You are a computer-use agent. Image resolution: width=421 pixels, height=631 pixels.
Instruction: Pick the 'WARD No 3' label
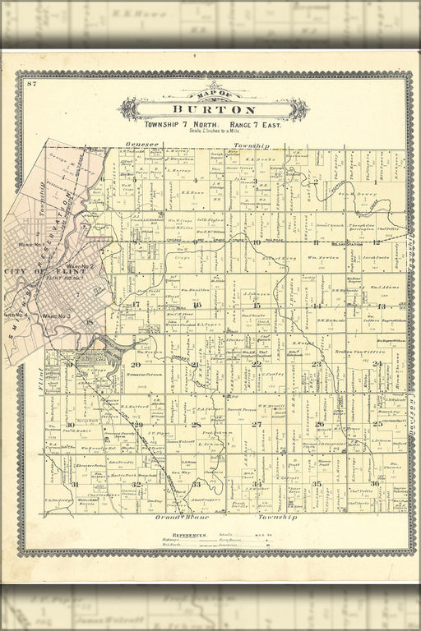pos(56,315)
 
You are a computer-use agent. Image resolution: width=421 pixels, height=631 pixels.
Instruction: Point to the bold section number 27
pos(257,424)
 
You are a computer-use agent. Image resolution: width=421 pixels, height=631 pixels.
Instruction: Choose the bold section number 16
pos(197,305)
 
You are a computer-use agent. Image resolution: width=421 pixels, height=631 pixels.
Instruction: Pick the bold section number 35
pos(317,484)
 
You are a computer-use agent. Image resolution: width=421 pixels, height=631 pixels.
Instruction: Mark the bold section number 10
pos(257,243)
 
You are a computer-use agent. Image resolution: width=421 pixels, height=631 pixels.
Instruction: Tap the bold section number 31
pos(75,484)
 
